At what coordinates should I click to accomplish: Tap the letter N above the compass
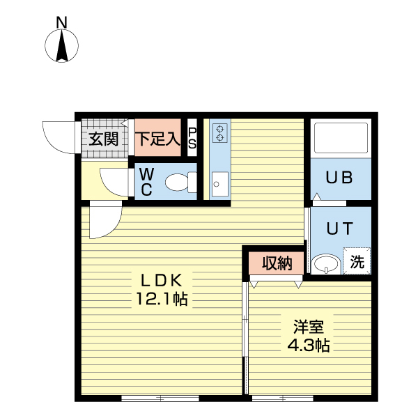(62, 22)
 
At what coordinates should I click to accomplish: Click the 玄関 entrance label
(103, 139)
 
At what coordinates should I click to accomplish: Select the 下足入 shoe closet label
(157, 139)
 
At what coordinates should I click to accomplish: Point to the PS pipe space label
(192, 139)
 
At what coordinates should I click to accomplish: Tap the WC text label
(147, 181)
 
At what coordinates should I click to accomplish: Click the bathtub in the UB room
(341, 138)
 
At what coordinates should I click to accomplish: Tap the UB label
(340, 178)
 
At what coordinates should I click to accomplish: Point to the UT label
(340, 228)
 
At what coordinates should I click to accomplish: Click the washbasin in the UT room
(325, 264)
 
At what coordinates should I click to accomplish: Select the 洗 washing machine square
(357, 263)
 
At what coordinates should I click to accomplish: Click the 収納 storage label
(277, 263)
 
